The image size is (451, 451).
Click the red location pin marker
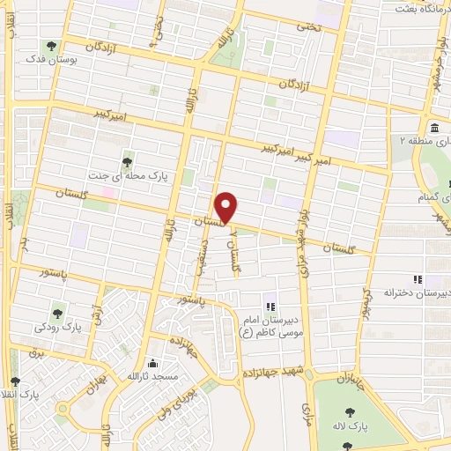point(227,208)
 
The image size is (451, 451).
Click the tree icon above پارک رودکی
point(58,312)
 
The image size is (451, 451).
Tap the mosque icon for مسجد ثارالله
point(153,363)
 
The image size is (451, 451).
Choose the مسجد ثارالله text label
point(153,377)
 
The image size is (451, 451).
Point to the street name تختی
point(308,28)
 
